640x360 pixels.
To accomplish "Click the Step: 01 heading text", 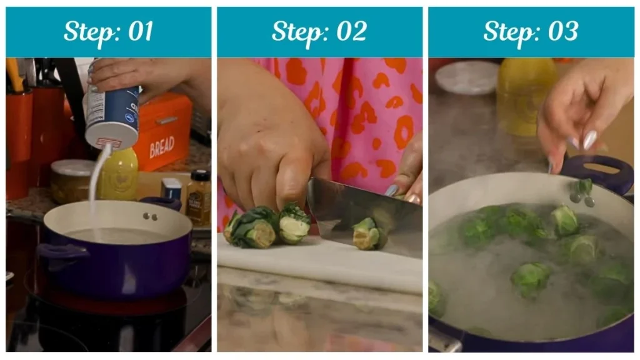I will (x=108, y=31).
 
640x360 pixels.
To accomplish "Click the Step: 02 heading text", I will (x=319, y=31).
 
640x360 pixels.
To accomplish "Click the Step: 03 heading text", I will (x=531, y=31).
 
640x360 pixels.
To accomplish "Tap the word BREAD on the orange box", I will (x=162, y=147).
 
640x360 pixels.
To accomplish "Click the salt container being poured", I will (x=112, y=112).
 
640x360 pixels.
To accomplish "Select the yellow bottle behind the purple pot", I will (x=118, y=175).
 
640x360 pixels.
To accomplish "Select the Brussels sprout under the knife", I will (x=369, y=234).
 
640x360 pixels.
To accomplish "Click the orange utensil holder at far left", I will (x=19, y=125).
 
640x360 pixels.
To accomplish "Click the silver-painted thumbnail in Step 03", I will (x=589, y=139).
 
